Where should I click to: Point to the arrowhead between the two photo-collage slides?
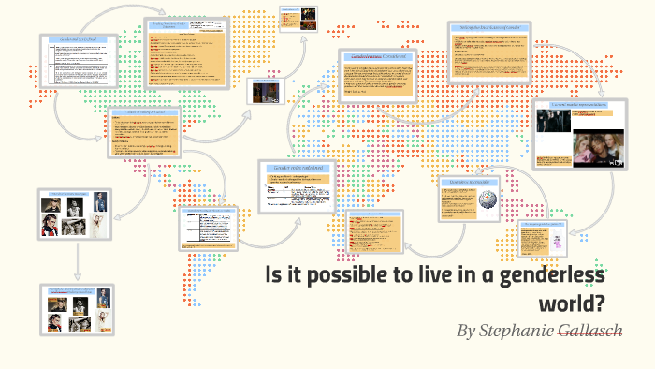click(76, 278)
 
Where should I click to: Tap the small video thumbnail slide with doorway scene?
click(263, 91)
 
